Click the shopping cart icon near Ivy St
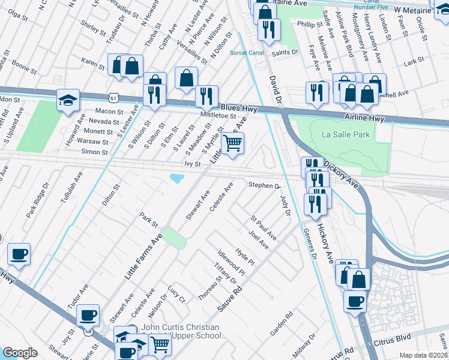[232, 143]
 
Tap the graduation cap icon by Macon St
[68, 100]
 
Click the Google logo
[20, 353]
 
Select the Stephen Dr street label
[264, 185]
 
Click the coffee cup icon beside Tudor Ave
[88, 314]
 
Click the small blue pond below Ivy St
[177, 178]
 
